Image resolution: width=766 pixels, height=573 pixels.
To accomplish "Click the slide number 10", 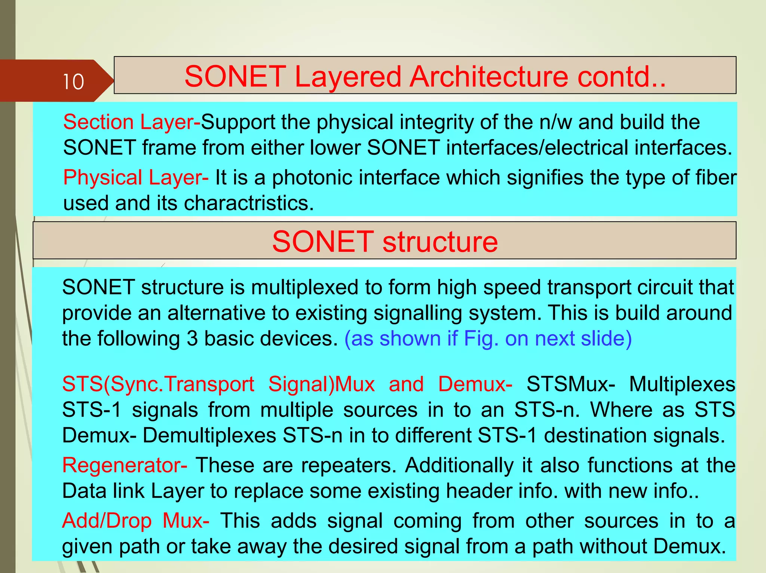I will tap(73, 82).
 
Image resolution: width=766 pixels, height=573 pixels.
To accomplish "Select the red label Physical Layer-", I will tap(136, 177).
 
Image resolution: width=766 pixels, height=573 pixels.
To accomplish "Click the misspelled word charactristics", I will tap(249, 203).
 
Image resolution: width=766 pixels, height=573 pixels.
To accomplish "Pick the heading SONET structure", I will tap(385, 242).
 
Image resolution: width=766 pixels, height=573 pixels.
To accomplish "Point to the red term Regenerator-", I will tap(125, 465).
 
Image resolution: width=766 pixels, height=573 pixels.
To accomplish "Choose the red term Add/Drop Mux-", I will tap(135, 521).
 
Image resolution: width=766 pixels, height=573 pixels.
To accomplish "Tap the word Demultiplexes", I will tap(209, 435).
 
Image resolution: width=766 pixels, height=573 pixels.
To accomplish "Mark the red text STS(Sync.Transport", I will tap(158, 384).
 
